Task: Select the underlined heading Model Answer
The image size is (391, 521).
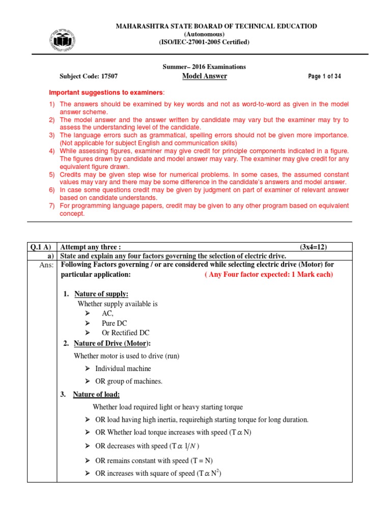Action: [x=204, y=76]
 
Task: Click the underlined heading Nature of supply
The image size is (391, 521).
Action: [x=101, y=294]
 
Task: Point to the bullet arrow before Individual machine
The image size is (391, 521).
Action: [x=88, y=368]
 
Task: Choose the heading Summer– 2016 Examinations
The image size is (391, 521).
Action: [x=204, y=67]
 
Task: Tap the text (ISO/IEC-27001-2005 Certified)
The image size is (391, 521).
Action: [x=204, y=42]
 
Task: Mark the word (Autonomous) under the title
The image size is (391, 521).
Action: [x=204, y=34]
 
